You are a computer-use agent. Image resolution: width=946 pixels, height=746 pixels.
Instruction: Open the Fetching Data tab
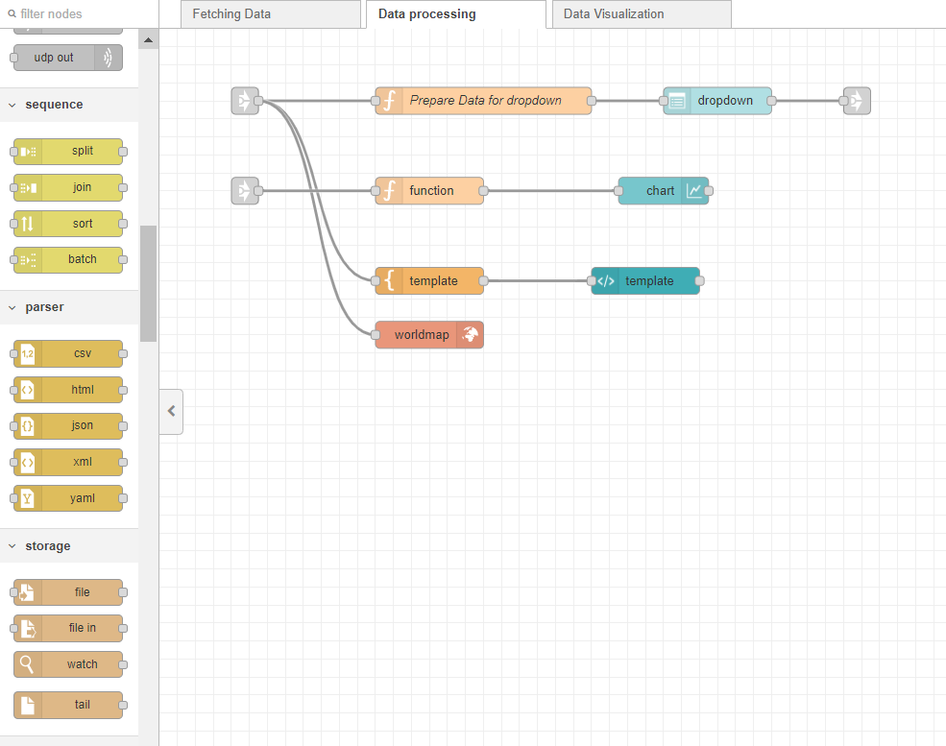(x=231, y=14)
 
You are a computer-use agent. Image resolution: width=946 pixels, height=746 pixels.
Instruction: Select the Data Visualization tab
(x=613, y=14)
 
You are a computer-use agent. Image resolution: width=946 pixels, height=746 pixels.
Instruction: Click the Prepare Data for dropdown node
(x=484, y=101)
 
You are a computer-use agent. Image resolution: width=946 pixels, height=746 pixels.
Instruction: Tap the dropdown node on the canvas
(x=717, y=101)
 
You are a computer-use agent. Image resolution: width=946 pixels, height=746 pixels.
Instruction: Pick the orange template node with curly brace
(x=429, y=281)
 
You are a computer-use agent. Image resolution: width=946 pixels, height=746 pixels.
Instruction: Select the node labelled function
(x=429, y=191)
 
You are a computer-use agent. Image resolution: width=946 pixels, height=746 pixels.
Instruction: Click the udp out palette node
(x=67, y=58)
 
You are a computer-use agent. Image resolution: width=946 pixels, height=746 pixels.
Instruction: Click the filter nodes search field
(x=82, y=14)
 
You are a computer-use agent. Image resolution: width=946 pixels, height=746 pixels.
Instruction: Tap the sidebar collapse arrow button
(x=171, y=411)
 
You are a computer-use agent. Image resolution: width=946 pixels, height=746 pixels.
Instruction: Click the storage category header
(x=48, y=546)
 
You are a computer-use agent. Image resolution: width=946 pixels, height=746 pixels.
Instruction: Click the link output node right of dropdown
(x=857, y=101)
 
